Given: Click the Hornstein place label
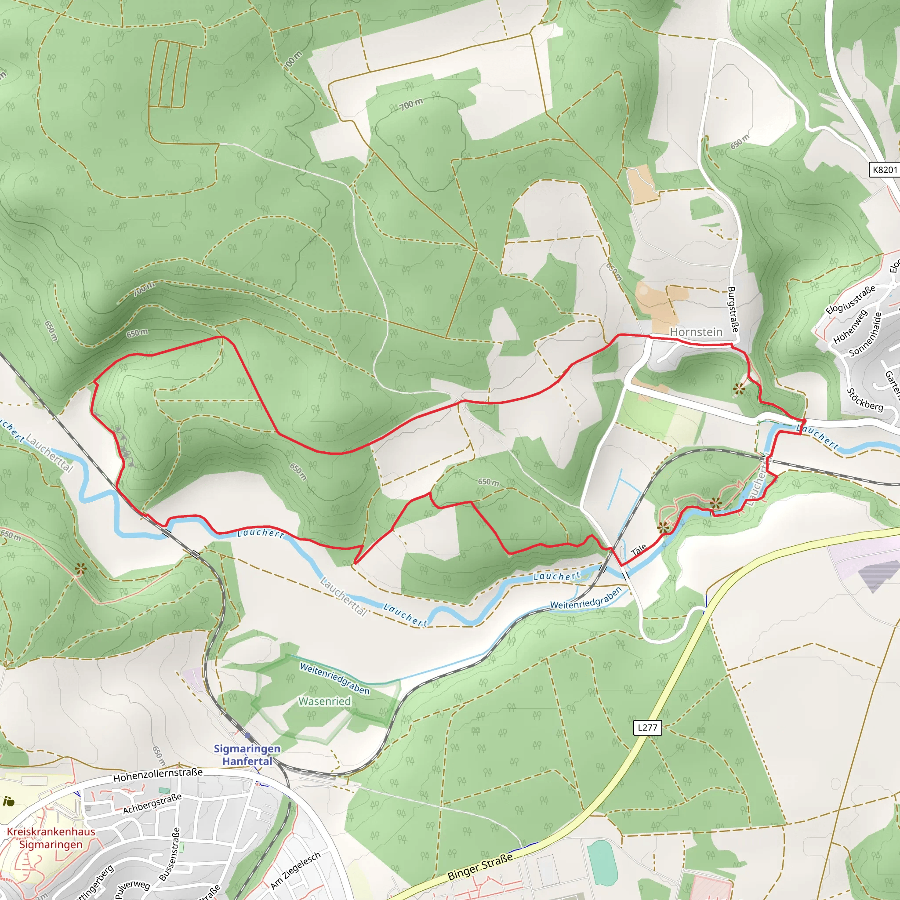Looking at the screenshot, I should (696, 332).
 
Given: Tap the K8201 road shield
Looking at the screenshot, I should (884, 170).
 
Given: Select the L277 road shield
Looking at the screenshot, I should (647, 727).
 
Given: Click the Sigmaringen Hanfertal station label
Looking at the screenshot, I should (247, 755).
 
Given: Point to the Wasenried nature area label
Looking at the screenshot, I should (324, 701).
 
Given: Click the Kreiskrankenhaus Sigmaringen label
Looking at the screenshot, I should (51, 838).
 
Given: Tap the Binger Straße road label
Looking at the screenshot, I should (480, 867).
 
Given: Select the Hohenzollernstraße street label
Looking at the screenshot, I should (158, 775).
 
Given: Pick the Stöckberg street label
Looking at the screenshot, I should (864, 400).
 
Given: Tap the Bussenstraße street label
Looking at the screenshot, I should (170, 854).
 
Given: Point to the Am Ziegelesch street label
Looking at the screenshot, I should (295, 870).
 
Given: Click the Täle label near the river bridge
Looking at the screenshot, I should (639, 550).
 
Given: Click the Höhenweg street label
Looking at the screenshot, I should (850, 326).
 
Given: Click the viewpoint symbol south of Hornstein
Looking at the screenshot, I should (739, 388).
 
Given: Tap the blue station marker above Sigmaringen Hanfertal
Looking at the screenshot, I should (247, 736).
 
